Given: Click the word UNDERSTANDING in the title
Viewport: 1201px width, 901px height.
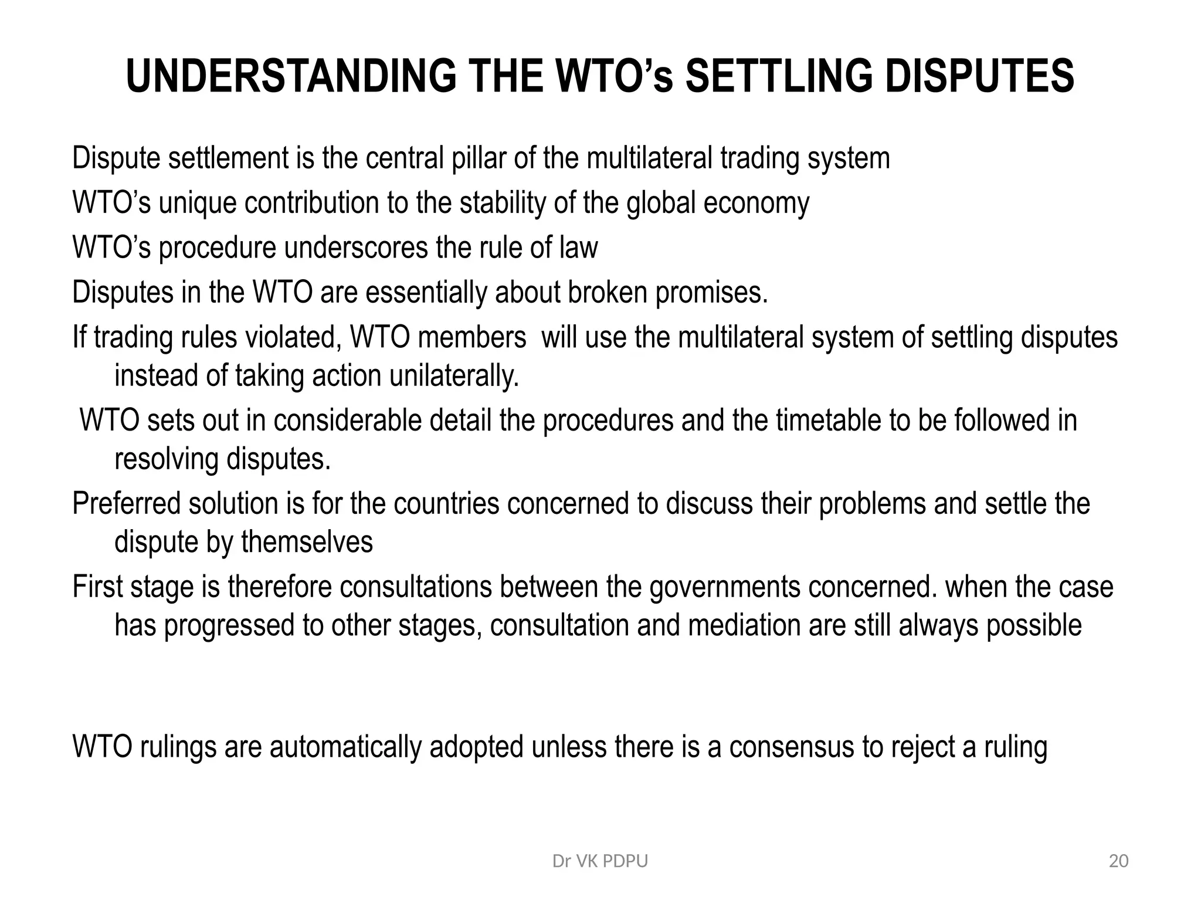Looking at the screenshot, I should click(291, 76).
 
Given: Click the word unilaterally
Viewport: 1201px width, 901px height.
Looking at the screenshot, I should click(454, 375).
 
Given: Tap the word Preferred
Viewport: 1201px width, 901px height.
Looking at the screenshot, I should click(126, 503).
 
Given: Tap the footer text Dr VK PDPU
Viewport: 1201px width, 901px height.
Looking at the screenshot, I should click(600, 862).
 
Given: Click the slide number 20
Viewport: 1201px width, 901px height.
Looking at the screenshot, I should click(1118, 862).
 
